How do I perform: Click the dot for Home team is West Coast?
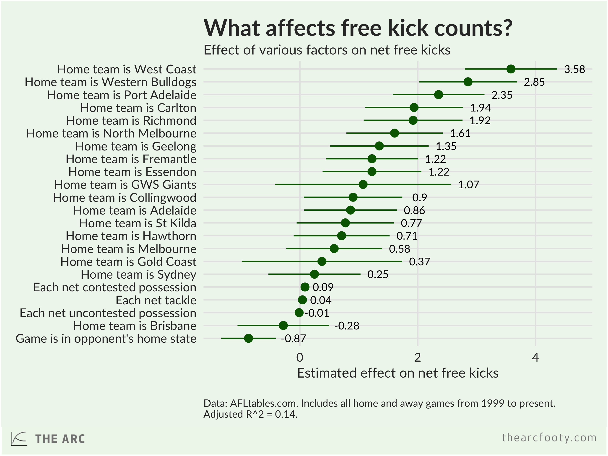[x=511, y=69]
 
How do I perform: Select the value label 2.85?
[x=534, y=82]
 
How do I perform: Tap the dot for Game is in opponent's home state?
[x=249, y=338]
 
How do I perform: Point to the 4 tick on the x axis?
[x=535, y=357]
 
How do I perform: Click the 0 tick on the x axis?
[x=300, y=357]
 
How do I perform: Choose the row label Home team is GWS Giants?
[x=125, y=184]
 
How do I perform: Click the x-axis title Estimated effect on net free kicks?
[x=398, y=373]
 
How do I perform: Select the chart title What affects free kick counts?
[x=358, y=28]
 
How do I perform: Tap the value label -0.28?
[x=347, y=326]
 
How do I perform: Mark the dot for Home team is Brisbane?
[x=283, y=326]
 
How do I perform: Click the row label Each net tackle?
[x=156, y=300]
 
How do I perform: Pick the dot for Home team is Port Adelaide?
[x=438, y=95]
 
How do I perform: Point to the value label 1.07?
[x=468, y=184]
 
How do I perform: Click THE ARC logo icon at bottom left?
[x=19, y=439]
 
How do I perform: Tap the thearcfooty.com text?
[x=549, y=437]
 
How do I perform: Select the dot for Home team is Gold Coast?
[x=322, y=261]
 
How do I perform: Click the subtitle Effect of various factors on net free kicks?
[x=327, y=50]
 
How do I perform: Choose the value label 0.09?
[x=323, y=287]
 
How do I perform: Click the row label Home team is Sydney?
[x=138, y=274]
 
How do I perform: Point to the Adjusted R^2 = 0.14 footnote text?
[x=250, y=414]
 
